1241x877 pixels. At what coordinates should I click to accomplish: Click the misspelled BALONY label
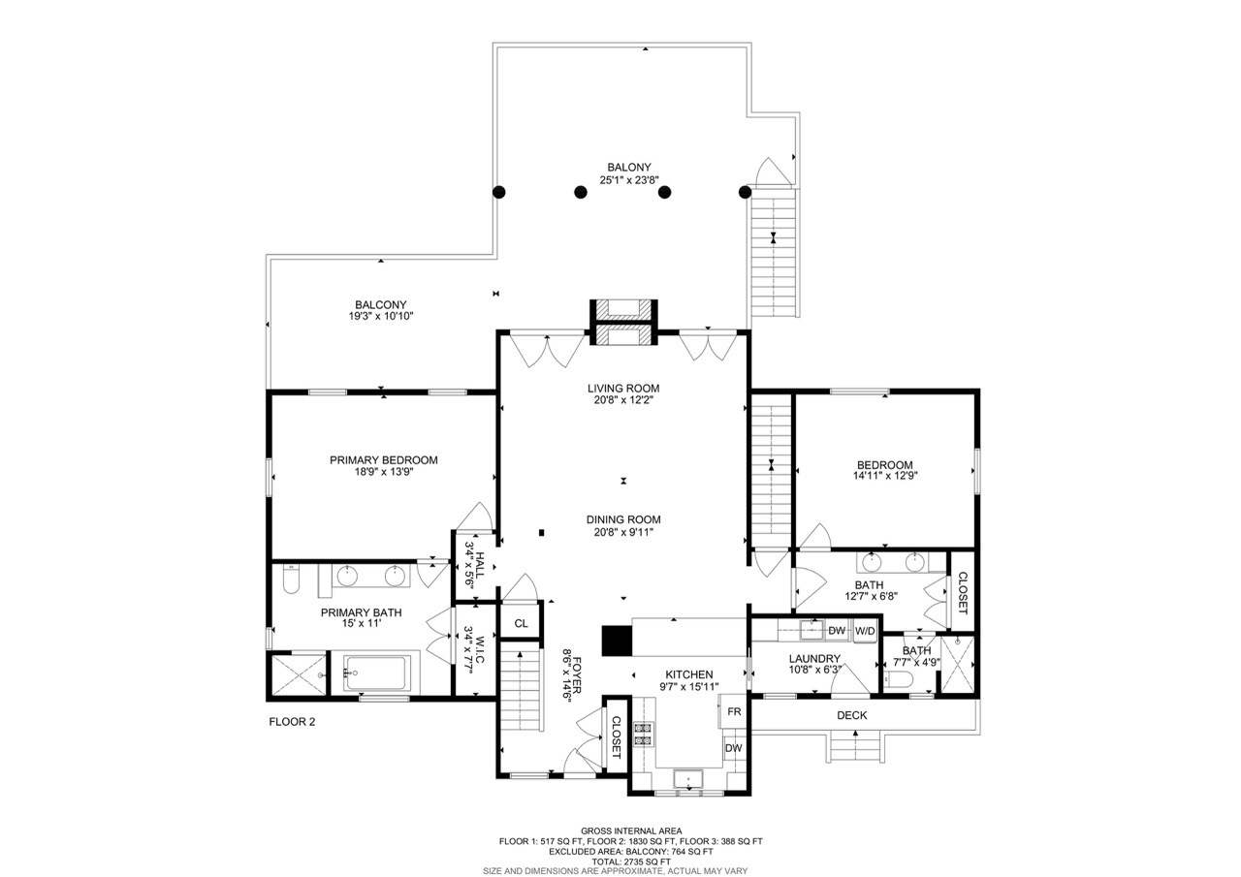[623, 167]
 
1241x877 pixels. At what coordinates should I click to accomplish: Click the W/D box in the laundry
[865, 631]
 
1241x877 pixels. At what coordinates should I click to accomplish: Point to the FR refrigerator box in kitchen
[735, 710]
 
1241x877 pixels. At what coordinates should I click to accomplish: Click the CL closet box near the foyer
[521, 623]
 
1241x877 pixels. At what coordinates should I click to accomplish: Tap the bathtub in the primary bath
[377, 672]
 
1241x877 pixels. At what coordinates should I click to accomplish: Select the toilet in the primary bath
[290, 579]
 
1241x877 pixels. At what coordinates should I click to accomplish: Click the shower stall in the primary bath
[296, 674]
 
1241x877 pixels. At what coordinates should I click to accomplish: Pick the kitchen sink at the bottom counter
[689, 777]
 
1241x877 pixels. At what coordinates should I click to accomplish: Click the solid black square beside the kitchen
[616, 641]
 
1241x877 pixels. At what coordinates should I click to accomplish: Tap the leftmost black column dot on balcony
[499, 192]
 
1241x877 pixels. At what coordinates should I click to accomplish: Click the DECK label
[852, 715]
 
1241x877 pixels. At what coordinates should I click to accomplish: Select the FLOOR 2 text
[292, 722]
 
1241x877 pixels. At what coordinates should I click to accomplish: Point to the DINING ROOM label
[623, 519]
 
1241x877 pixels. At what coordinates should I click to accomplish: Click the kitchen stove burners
[643, 735]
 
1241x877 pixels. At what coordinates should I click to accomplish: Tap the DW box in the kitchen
[734, 748]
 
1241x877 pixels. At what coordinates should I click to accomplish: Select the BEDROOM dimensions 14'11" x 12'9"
[884, 476]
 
